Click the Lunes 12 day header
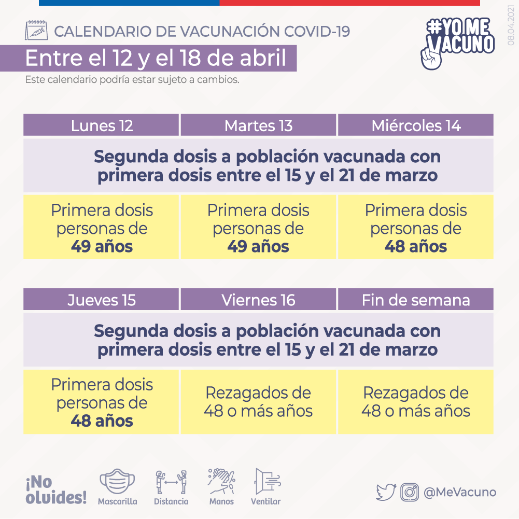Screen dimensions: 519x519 (101, 125)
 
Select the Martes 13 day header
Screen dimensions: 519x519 (258, 125)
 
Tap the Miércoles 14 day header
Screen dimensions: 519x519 (416, 125)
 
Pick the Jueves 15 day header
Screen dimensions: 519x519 (101, 300)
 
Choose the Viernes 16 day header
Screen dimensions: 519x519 (258, 300)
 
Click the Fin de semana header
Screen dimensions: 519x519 (416, 300)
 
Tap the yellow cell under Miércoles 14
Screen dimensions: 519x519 (416, 227)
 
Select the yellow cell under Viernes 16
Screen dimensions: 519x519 (258, 402)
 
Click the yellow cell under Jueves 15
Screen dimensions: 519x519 (101, 402)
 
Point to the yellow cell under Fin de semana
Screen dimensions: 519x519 (416, 402)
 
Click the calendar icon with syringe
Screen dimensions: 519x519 (36, 30)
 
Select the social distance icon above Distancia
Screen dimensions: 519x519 (171, 482)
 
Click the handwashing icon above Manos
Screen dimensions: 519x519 (221, 482)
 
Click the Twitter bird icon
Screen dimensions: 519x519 (386, 492)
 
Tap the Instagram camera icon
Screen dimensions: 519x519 (410, 492)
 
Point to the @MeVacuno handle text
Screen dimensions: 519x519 (460, 492)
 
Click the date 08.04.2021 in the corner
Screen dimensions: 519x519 (511, 25)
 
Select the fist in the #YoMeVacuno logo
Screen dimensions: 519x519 (431, 59)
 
